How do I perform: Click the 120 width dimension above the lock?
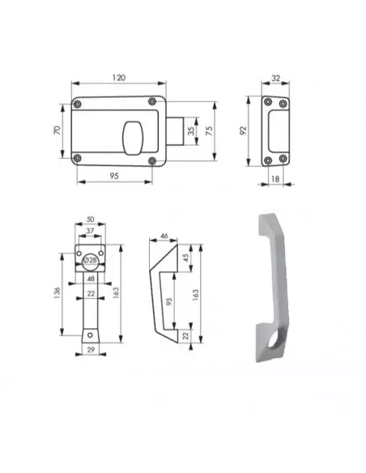point(118,77)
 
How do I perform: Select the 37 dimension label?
point(90,232)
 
